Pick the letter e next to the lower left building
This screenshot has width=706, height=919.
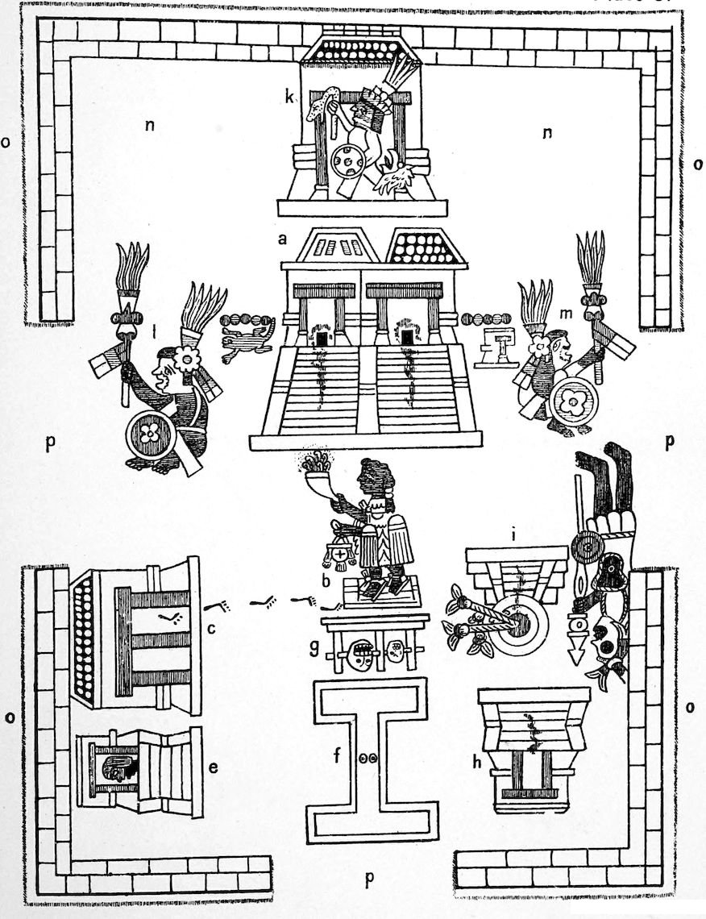[213, 767]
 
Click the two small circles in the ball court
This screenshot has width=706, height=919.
[368, 757]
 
